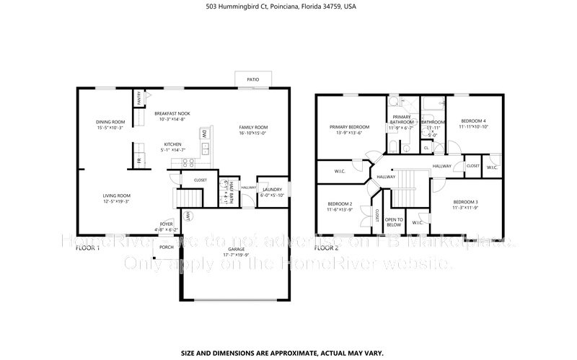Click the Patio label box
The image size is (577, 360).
(253, 80)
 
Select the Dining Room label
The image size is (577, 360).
(111, 122)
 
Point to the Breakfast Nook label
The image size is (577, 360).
(172, 113)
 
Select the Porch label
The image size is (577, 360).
(167, 247)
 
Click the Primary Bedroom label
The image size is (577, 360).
(345, 127)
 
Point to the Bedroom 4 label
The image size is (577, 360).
(473, 120)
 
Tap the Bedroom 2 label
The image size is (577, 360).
(340, 205)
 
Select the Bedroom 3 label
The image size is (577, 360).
(465, 201)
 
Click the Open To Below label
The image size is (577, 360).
(393, 221)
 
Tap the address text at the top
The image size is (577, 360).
(288, 6)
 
